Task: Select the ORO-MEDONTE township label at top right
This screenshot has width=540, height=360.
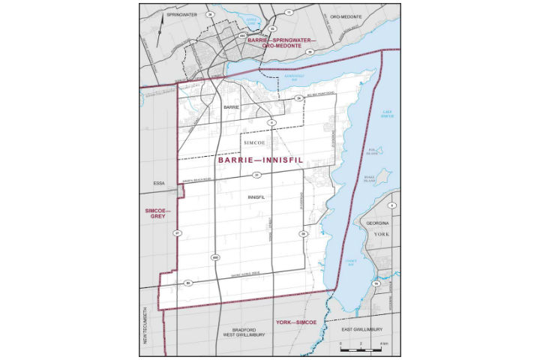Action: [345, 14]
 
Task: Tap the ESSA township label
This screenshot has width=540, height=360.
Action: [158, 181]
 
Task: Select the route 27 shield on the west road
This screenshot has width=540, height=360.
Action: [178, 233]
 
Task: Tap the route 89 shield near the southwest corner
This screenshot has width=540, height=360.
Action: [188, 283]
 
